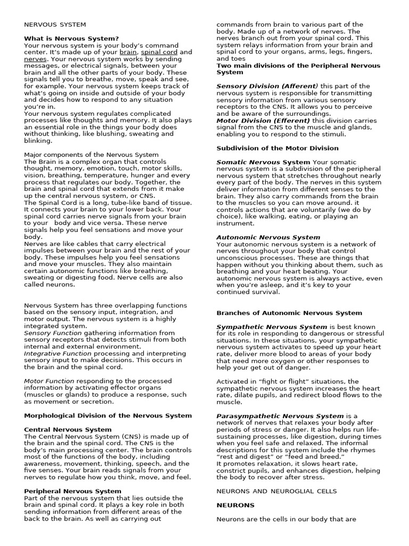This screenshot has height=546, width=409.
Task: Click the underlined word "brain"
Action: pyautogui.click(x=128, y=52)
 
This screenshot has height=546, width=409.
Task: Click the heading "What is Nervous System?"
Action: pyautogui.click(x=71, y=38)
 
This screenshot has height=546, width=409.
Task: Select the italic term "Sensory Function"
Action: pyautogui.click(x=53, y=333)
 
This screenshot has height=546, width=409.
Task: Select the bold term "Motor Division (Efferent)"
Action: pyautogui.click(x=263, y=121)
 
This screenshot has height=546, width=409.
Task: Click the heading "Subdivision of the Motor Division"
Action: pyautogui.click(x=277, y=148)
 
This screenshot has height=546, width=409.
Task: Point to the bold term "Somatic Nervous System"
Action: pyautogui.click(x=263, y=162)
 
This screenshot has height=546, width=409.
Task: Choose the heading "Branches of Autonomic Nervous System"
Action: pyautogui.click(x=281, y=312)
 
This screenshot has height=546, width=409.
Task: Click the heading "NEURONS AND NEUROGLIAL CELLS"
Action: pyautogui.click(x=276, y=491)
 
